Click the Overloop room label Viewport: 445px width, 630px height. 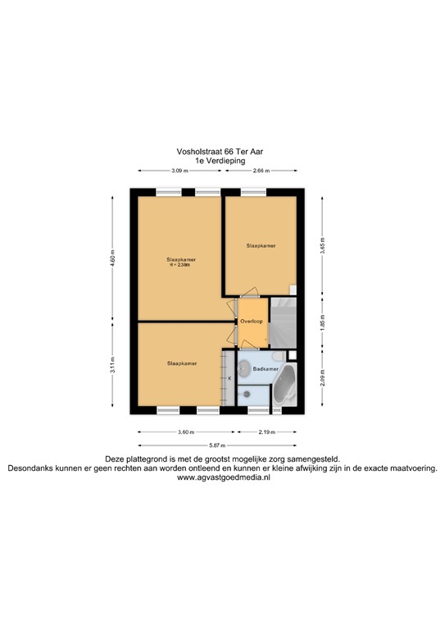pos(252,322)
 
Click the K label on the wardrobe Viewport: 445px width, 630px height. pos(229,378)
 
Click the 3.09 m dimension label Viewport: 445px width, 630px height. pos(179,171)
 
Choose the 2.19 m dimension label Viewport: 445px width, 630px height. pos(265,432)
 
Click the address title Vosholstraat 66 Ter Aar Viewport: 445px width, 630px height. pos(221,151)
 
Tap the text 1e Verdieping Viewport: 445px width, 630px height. pos(221,161)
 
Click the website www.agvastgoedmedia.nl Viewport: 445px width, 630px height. pos(223,477)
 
